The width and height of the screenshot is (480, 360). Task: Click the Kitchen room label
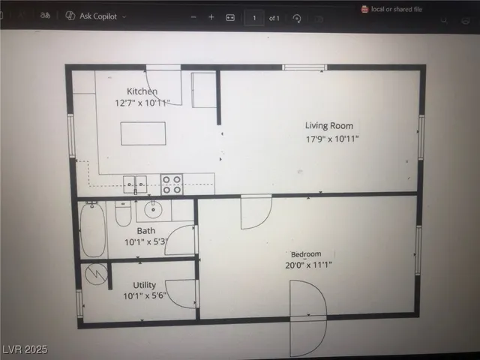click(142, 91)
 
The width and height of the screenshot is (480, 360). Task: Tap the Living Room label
click(328, 125)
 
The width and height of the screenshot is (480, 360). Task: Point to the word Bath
click(145, 231)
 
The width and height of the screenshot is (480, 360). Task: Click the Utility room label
click(145, 286)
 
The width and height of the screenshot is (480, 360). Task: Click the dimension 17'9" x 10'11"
click(337, 139)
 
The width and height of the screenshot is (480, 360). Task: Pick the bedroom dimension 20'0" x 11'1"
click(309, 265)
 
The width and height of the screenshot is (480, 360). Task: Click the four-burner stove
click(172, 184)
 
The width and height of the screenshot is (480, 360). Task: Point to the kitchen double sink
click(135, 184)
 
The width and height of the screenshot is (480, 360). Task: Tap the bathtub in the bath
click(94, 229)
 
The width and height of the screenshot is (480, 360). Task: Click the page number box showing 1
click(254, 16)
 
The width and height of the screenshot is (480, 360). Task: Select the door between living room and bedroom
click(255, 212)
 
